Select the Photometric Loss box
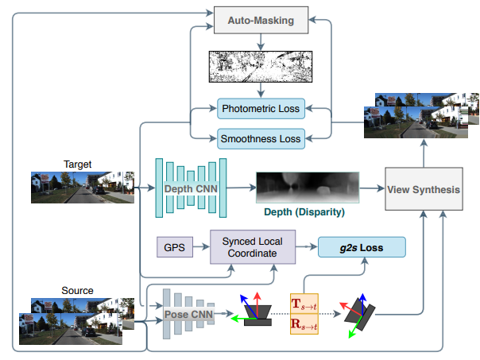click(x=260, y=108)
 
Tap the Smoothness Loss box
click(x=260, y=138)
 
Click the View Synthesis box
click(x=424, y=188)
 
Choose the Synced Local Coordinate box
click(x=252, y=247)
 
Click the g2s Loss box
click(x=362, y=247)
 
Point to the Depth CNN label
click(x=191, y=189)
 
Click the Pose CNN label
click(x=192, y=314)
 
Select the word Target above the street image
click(x=77, y=165)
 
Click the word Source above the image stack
click(x=77, y=291)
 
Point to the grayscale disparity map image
click(x=305, y=188)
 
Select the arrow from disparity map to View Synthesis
click(x=369, y=189)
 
